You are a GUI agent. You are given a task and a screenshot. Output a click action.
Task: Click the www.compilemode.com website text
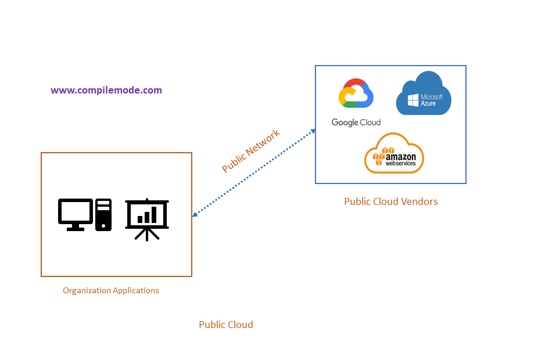tap(106, 91)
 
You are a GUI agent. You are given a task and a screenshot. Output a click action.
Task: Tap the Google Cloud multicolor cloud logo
tap(356, 94)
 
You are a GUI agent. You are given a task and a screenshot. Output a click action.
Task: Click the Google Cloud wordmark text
tap(356, 123)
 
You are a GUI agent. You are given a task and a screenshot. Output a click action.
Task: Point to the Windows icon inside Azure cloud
tap(413, 100)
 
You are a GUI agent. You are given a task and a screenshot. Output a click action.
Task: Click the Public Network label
tap(251, 151)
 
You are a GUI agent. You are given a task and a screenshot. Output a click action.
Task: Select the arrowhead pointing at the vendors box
tap(313, 131)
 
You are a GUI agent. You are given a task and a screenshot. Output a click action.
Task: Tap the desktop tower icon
tap(103, 214)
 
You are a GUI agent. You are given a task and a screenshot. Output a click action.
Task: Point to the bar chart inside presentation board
tap(147, 215)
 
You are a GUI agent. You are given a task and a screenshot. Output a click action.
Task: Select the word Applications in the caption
tap(135, 290)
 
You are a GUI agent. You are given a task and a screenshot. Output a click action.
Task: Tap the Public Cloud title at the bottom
tap(226, 325)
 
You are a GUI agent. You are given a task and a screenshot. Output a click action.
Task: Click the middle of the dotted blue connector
tap(254, 173)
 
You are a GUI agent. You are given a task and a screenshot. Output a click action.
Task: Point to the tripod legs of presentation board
tap(147, 234)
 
